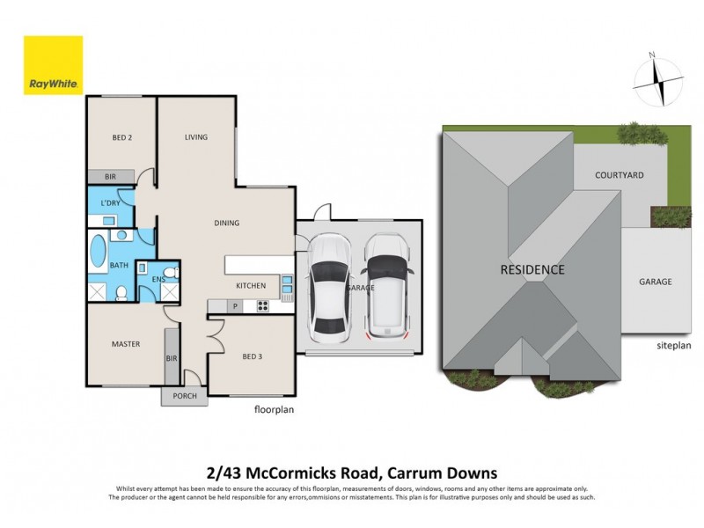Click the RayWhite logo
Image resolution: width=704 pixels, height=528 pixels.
coord(53,65)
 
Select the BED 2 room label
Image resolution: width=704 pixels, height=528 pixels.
coord(121,138)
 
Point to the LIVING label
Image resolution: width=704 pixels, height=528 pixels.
coord(195,137)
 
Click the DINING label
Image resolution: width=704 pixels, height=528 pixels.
coord(226,223)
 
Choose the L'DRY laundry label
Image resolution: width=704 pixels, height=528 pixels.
coord(110,203)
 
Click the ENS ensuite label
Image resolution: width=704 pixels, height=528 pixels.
coord(158,280)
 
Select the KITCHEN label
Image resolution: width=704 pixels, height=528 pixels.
coord(251,286)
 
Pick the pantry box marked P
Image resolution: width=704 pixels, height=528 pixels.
coord(235,305)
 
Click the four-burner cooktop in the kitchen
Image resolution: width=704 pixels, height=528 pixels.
coord(261,305)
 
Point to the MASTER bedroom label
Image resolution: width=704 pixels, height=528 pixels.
coord(126,343)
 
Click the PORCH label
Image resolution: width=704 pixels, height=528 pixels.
coord(185,396)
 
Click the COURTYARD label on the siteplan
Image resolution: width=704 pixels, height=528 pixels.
coord(619,175)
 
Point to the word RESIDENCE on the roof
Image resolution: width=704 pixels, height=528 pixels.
coord(532,269)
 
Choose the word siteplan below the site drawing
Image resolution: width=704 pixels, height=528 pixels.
coord(673,347)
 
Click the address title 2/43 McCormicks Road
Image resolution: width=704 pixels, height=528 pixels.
coord(352,473)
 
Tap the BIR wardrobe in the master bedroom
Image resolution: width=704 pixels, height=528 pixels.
coord(172,358)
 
